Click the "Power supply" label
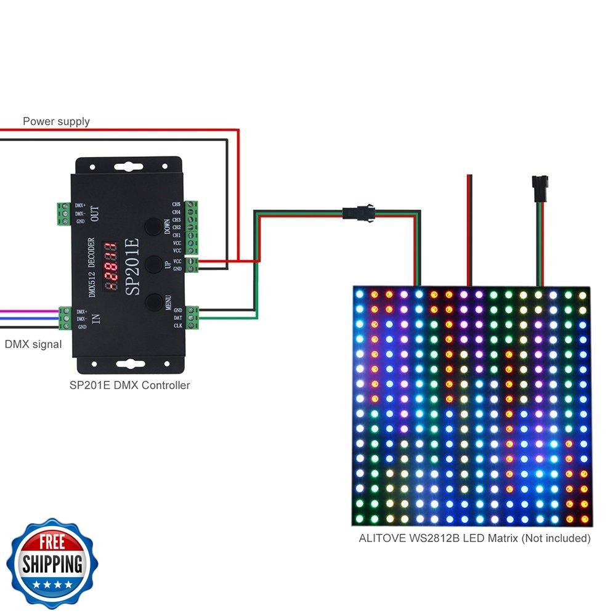56,121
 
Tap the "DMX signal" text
33,344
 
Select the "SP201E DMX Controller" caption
130,386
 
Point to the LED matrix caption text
474,538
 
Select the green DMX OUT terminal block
63,213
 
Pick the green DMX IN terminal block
64,318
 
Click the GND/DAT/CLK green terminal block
192,317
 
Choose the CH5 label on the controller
177,204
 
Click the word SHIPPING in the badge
52,563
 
